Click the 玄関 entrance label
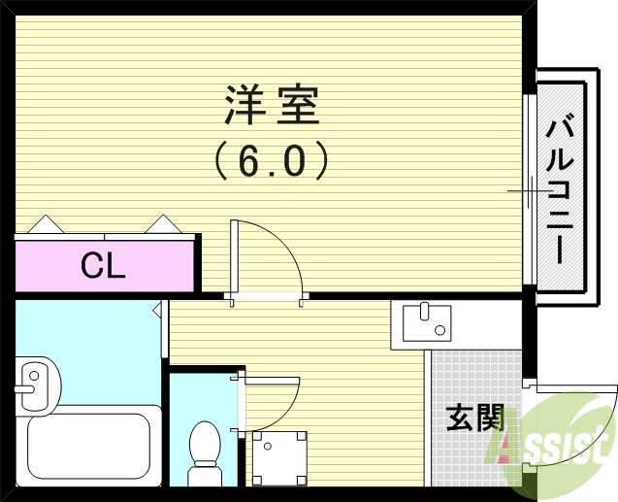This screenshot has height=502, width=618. tap(474, 419)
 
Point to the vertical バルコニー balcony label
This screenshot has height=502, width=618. tap(560, 188)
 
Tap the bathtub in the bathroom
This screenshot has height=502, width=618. tap(92, 449)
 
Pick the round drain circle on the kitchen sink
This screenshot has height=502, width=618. tap(439, 330)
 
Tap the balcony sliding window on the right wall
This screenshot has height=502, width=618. tap(529, 189)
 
